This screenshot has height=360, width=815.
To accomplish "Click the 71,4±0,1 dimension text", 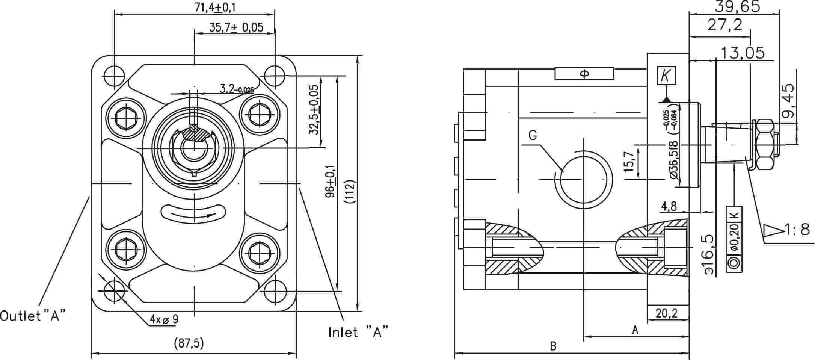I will pyautogui.click(x=215, y=8).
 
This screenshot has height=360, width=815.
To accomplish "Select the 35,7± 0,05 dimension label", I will pyautogui.click(x=236, y=28).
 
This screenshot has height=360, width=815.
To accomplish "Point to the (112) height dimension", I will pyautogui.click(x=350, y=192).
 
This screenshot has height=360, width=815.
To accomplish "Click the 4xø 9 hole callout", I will pyautogui.click(x=164, y=319).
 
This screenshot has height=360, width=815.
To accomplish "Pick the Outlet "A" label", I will pyautogui.click(x=33, y=316).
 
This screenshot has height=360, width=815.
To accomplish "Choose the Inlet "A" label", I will pyautogui.click(x=358, y=332).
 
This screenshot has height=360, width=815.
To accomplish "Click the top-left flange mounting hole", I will pyautogui.click(x=113, y=76).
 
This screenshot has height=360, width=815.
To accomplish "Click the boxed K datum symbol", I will pyautogui.click(x=666, y=76).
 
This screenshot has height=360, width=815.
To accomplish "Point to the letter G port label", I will pyautogui.click(x=533, y=135).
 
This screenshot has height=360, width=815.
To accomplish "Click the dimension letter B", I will pyautogui.click(x=553, y=346).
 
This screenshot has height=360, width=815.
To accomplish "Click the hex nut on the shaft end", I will pyautogui.click(x=765, y=144).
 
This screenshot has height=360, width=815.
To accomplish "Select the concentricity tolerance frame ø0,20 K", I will pyautogui.click(x=734, y=239).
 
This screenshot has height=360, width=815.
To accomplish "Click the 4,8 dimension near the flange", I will pyautogui.click(x=669, y=206).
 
